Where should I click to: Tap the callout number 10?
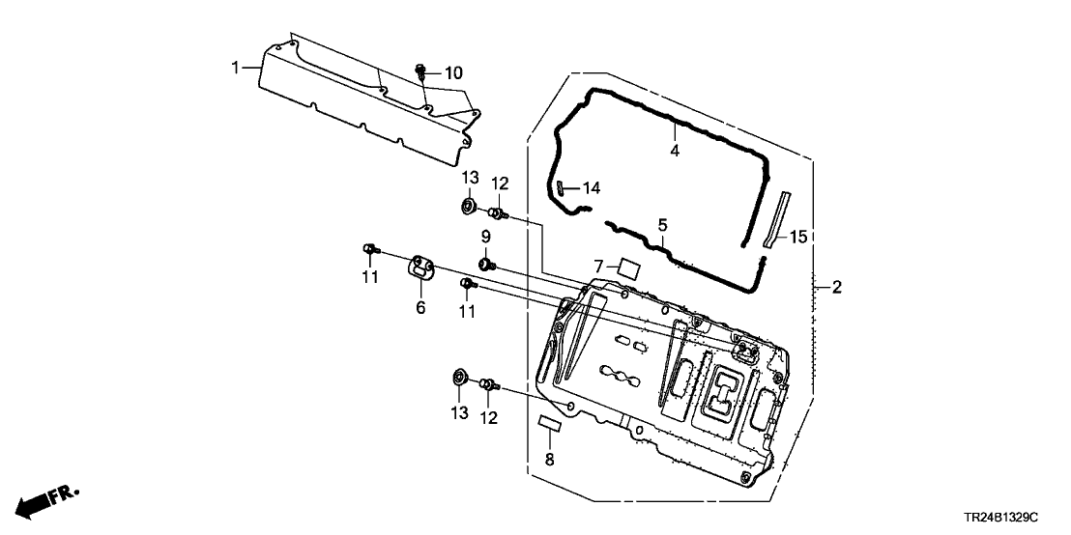pyautogui.click(x=453, y=73)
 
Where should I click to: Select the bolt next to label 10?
pyautogui.click(x=422, y=71)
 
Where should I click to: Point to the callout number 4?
pyautogui.click(x=675, y=151)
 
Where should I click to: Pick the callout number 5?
pyautogui.click(x=662, y=225)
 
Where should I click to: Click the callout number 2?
pyautogui.click(x=837, y=287)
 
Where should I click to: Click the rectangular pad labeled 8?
pyautogui.click(x=549, y=423)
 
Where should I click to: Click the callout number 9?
pyautogui.click(x=486, y=237)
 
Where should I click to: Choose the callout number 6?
pyautogui.click(x=420, y=307)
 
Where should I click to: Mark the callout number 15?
pyautogui.click(x=797, y=237)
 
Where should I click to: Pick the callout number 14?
pyautogui.click(x=590, y=188)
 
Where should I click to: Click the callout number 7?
pyautogui.click(x=599, y=266)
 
